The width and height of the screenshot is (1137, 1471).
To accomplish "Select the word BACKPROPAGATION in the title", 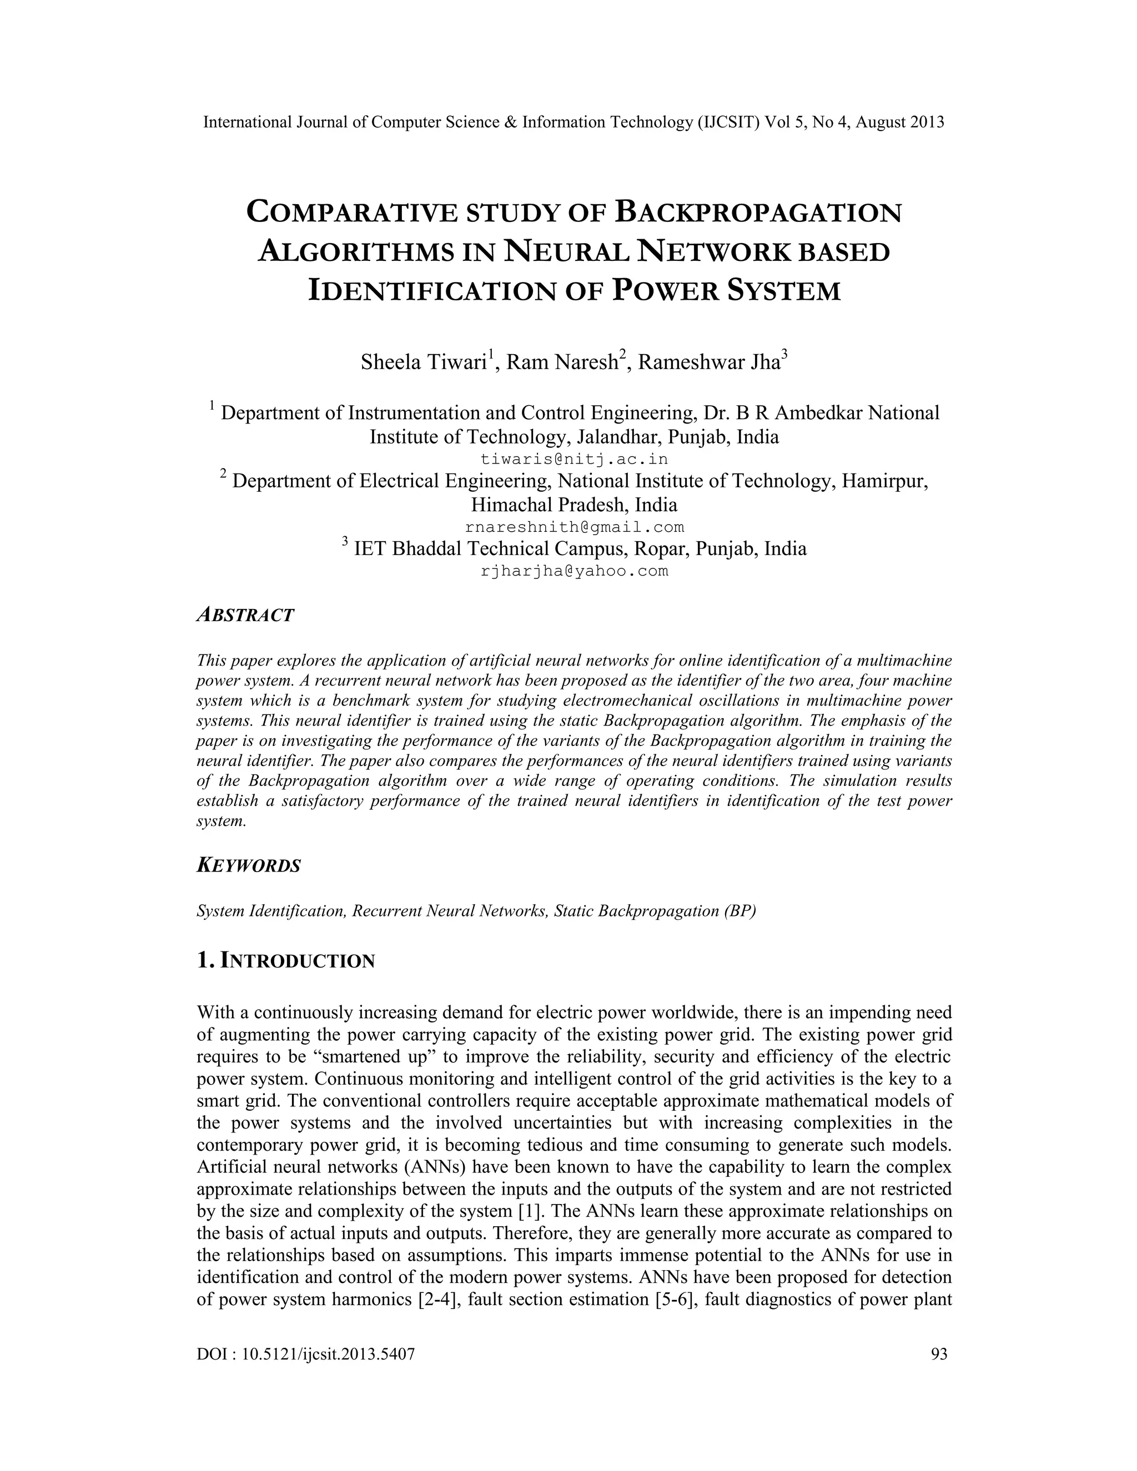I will [x=758, y=212].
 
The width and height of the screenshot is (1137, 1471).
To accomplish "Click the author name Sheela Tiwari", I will [x=424, y=362].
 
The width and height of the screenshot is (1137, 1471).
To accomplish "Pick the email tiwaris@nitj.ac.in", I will [x=574, y=460].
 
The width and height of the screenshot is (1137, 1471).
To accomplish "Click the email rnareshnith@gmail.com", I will [x=574, y=527].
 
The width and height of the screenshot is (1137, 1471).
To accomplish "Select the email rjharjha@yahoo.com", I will [x=574, y=572].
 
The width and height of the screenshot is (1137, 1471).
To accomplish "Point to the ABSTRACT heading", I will [x=245, y=615].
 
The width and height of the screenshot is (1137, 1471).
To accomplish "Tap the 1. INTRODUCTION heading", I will [x=285, y=960].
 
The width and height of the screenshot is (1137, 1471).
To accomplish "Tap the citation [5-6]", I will [x=674, y=1299].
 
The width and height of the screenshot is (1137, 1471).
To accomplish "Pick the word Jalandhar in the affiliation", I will [x=619, y=436].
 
